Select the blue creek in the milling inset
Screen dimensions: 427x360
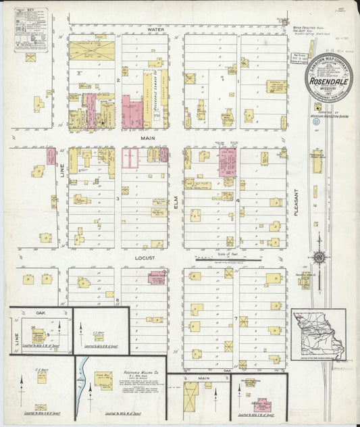click(x=84, y=387)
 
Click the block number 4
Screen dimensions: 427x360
click(x=238, y=201)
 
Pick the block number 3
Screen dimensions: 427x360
click(x=118, y=199)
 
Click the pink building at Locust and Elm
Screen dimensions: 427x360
click(x=157, y=278)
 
